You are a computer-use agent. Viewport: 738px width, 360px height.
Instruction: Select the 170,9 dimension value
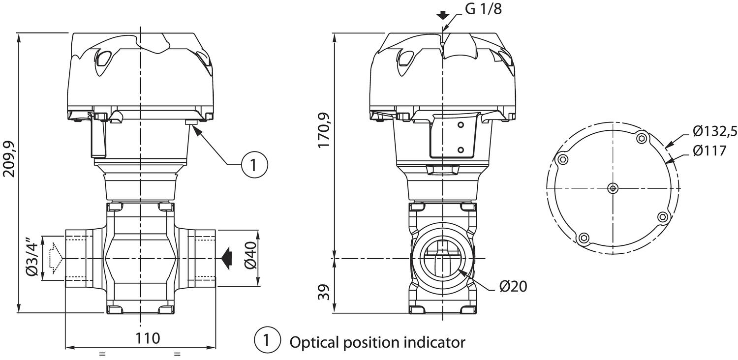click(x=324, y=130)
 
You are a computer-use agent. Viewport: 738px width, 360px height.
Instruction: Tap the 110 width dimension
click(x=148, y=338)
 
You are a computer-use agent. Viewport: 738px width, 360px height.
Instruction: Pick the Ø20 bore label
click(x=513, y=286)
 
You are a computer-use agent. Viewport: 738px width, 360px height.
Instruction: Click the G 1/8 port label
click(x=483, y=9)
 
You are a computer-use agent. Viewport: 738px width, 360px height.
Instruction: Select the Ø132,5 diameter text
click(x=714, y=131)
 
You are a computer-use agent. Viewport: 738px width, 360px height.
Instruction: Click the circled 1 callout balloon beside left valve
click(x=254, y=164)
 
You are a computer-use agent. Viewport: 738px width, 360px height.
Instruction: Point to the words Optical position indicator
click(x=377, y=342)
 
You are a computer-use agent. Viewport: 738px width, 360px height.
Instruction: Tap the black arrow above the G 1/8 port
click(x=443, y=15)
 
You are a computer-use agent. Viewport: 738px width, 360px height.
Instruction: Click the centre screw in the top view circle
click(x=613, y=188)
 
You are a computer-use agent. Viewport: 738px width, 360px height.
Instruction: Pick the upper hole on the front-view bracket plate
click(x=461, y=125)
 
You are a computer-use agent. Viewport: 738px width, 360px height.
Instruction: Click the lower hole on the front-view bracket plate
click(x=461, y=150)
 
